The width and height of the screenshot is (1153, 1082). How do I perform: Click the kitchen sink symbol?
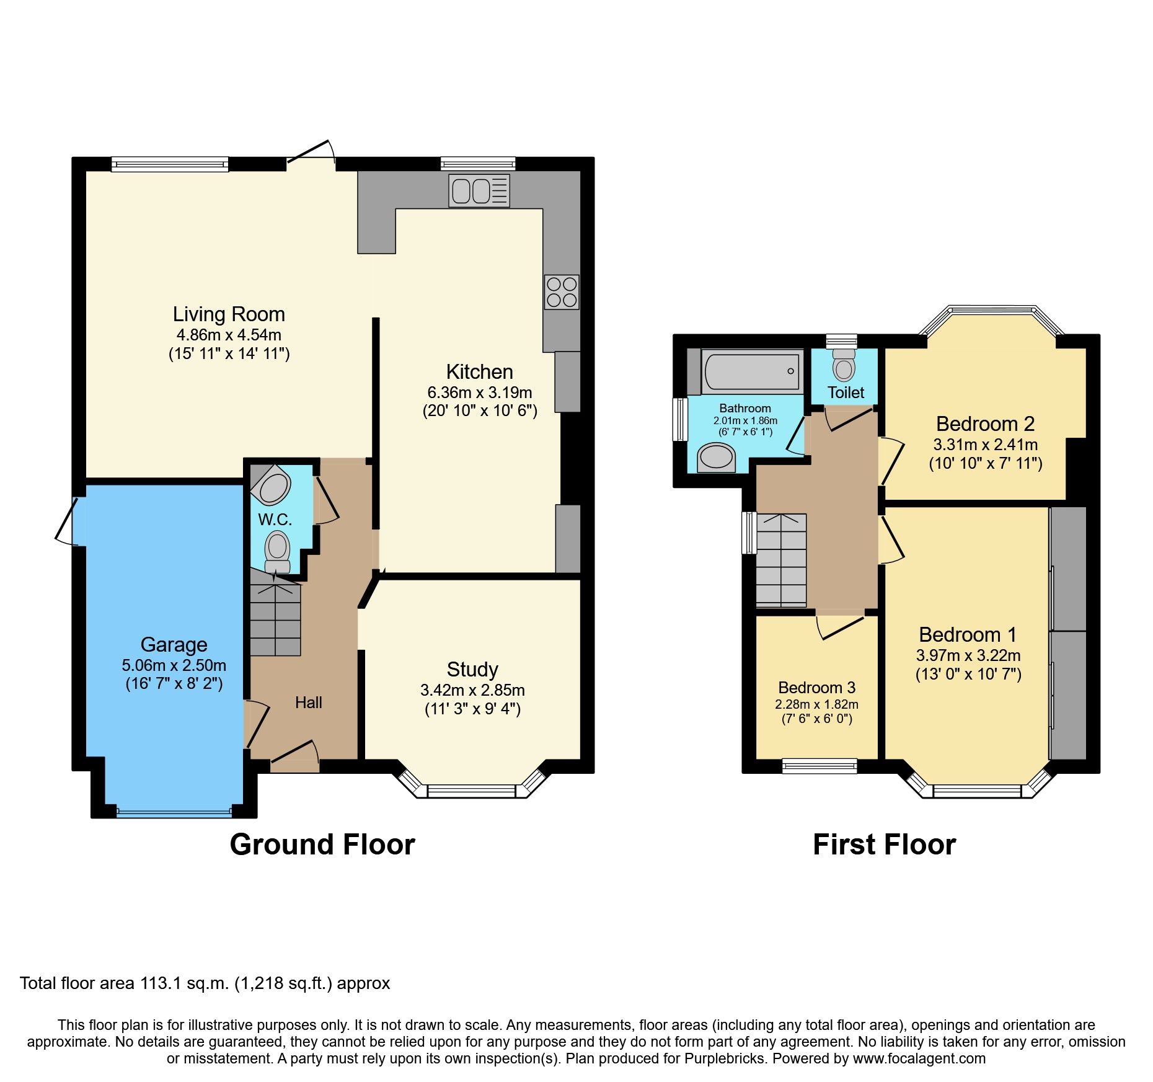tap(479, 190)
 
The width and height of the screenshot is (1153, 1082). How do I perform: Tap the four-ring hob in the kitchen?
tap(562, 292)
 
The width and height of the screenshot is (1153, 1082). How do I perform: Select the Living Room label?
tap(229, 314)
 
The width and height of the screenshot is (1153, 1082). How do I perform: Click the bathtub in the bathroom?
tap(751, 371)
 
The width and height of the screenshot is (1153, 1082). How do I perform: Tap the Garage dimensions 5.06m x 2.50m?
tap(174, 665)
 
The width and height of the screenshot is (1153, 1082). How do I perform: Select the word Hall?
tap(308, 703)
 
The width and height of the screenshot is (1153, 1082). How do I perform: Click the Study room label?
tap(472, 670)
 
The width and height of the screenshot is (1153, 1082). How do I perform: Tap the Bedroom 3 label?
tap(816, 688)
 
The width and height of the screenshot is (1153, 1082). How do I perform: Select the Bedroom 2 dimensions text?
tap(985, 445)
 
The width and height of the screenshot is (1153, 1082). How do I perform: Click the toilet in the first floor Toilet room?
tap(843, 366)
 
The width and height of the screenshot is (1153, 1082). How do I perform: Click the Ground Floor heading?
tap(322, 845)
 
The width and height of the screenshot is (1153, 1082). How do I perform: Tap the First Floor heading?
tap(884, 845)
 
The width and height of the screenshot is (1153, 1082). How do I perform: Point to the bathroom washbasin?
tap(716, 458)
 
